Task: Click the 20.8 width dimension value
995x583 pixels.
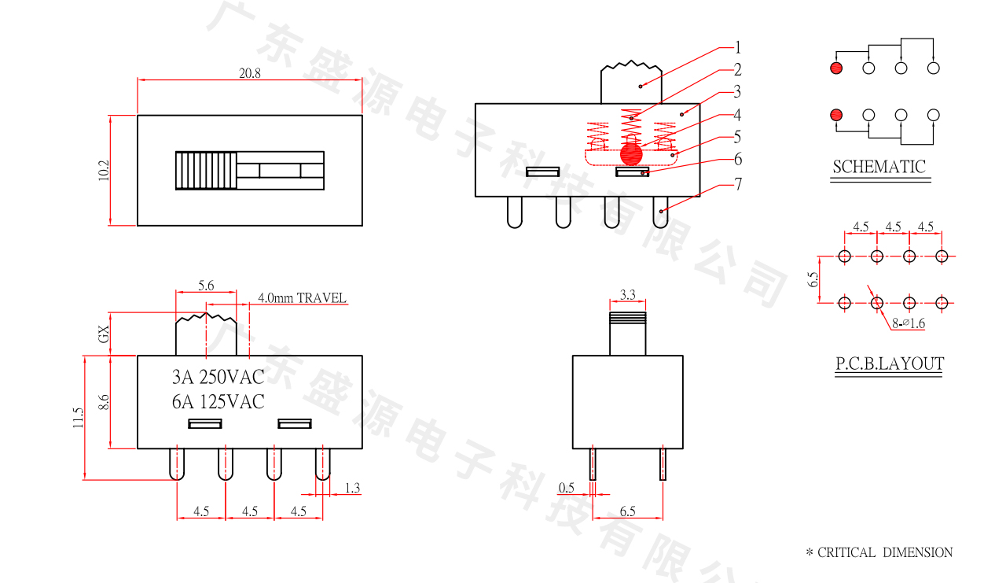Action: (250, 73)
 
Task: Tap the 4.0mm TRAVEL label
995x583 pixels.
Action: (302, 298)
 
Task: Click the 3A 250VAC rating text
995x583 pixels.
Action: (218, 377)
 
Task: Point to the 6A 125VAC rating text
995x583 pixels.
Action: (218, 401)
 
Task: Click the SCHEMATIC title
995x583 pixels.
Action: (879, 167)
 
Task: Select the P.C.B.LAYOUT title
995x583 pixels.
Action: (889, 363)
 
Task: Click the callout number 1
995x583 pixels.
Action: (738, 46)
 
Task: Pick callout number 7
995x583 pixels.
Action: (738, 185)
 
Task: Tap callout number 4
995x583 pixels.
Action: (738, 114)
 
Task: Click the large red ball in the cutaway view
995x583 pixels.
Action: (630, 153)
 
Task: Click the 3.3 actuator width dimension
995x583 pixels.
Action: (627, 295)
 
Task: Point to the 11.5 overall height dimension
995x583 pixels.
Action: (77, 417)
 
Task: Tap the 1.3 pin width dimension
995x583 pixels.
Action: (352, 489)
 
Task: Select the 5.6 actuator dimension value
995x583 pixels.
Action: (205, 286)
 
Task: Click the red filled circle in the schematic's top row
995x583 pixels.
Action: (835, 68)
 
